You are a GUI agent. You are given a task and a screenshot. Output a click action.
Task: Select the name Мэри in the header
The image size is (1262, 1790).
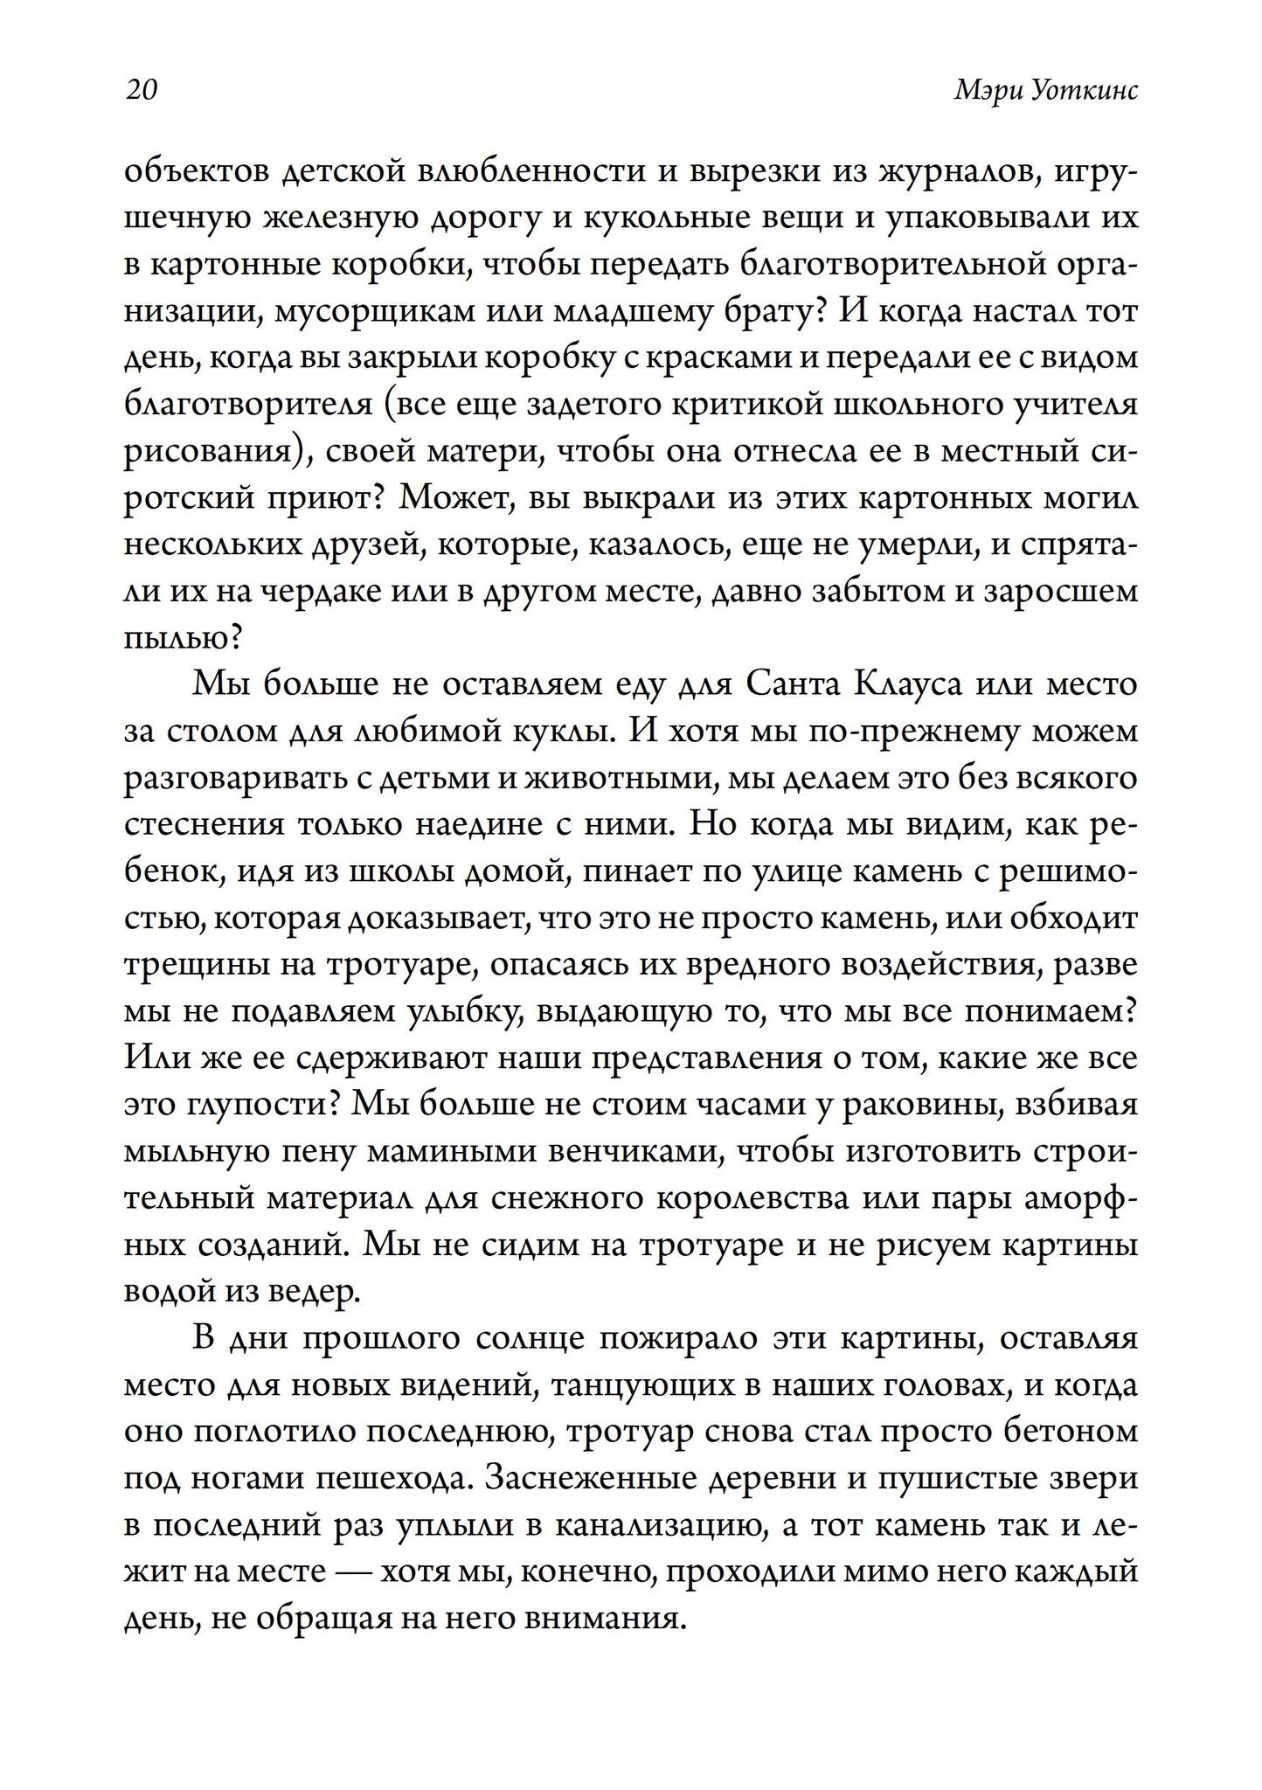[x=983, y=91]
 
